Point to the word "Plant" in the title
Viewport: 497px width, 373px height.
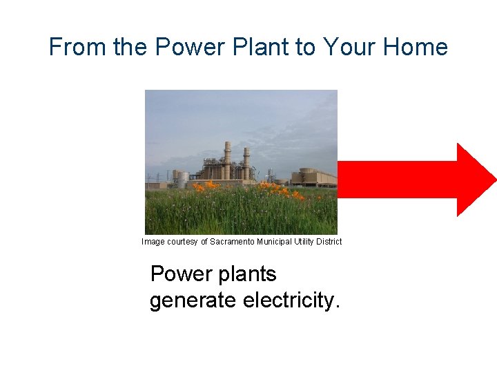pyautogui.click(x=258, y=47)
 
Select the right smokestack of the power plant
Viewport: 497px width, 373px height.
pyautogui.click(x=246, y=162)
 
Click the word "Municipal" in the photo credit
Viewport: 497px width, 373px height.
pyautogui.click(x=276, y=242)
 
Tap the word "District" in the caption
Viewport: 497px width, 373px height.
pyautogui.click(x=328, y=242)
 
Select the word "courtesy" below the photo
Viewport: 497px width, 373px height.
pyautogui.click(x=183, y=242)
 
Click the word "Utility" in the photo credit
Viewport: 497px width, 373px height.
pyautogui.click(x=304, y=242)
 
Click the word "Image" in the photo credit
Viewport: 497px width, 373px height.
pyautogui.click(x=153, y=242)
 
